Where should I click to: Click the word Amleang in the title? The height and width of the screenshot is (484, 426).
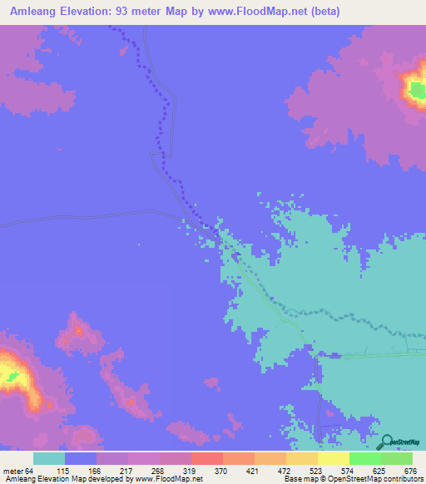pyautogui.click(x=32, y=12)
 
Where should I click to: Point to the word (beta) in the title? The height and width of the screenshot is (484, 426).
pyautogui.click(x=321, y=12)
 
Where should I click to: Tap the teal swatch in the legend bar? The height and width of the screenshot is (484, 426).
pyautogui.click(x=49, y=458)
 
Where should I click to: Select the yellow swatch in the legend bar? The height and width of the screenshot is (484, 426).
pyautogui.click(x=334, y=458)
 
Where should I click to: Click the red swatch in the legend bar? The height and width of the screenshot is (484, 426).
pyautogui.click(x=207, y=458)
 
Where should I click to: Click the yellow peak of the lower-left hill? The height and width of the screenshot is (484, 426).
pyautogui.click(x=10, y=377)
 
